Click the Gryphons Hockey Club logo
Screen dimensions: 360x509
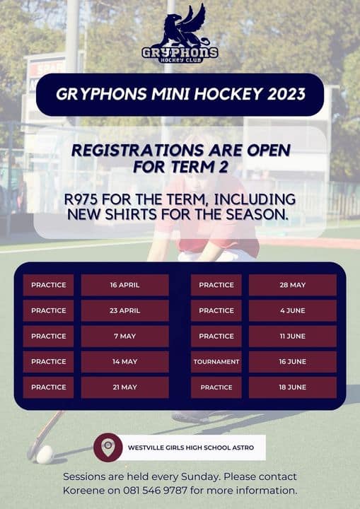coord(180,33)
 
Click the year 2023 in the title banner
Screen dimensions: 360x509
coord(286,94)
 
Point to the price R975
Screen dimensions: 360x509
coord(80,199)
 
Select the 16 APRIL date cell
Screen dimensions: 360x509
coord(124,285)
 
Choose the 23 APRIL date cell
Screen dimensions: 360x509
coord(124,310)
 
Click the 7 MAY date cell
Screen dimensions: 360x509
coord(124,337)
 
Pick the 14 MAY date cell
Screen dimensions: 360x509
coord(124,362)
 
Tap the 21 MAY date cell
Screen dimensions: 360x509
coord(124,387)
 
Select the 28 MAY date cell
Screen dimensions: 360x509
coord(292,285)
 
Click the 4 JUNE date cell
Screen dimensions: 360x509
coord(292,310)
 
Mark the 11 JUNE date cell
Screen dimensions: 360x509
coord(292,337)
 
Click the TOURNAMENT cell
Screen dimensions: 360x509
coord(216,362)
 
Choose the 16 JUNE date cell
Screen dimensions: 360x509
coord(292,362)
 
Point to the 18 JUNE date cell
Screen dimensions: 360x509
coord(292,387)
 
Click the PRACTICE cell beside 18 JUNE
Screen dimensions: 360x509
coord(216,387)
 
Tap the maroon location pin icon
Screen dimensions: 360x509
coord(108,447)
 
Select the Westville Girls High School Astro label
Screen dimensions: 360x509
coord(191,447)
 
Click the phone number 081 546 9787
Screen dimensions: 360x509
coord(156,490)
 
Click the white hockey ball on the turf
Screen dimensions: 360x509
coord(45,455)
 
